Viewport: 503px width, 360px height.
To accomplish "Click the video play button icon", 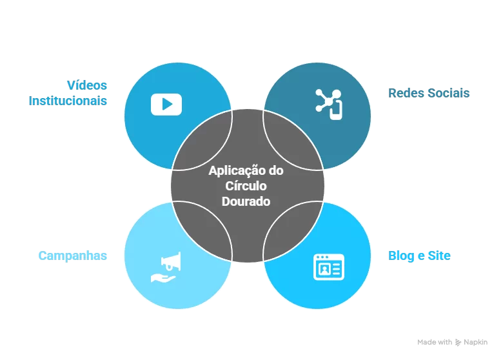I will [166, 105].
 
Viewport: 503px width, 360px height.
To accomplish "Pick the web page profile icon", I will [329, 267].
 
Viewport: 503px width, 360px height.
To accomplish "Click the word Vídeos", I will [87, 85].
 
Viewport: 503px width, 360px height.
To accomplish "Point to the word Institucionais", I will [68, 101].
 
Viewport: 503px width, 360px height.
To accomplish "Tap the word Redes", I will [405, 93].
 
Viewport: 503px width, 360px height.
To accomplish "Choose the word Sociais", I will [447, 93].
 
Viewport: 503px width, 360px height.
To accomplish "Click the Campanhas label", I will [73, 256].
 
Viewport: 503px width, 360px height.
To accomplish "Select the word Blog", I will [401, 256].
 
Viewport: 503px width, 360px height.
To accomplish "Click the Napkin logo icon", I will [459, 343].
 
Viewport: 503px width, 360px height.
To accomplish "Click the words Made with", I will [435, 343].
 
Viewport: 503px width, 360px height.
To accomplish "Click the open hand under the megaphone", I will [163, 277].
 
